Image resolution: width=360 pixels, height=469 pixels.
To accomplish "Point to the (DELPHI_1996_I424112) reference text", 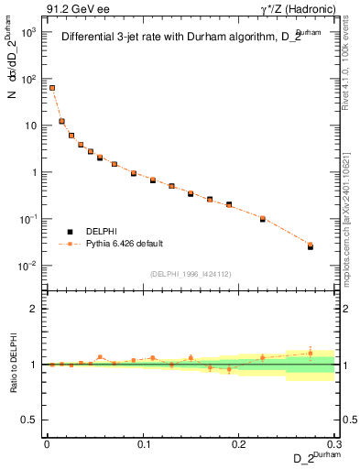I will [191, 272].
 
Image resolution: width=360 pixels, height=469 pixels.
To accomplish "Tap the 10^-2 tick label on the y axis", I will [28, 267].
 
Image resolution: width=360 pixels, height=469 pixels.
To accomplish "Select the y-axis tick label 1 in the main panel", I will [34, 172].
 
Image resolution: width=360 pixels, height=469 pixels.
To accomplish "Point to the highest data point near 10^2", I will [52, 88].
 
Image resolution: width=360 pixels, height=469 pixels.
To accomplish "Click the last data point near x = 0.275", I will [310, 245].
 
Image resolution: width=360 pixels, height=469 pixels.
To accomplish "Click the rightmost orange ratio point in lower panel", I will [310, 352].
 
